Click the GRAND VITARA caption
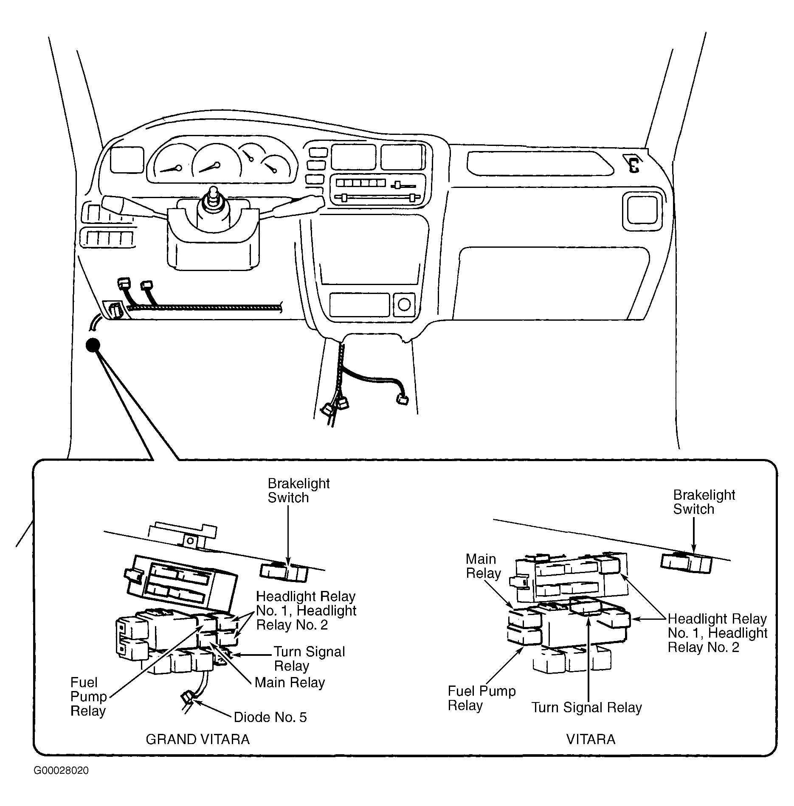coord(197,739)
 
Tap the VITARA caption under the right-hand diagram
coord(591,739)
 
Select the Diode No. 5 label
coord(270,717)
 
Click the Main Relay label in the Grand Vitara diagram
coord(290,683)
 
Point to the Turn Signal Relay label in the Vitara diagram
coord(587,707)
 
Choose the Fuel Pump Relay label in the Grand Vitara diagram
coord(88,697)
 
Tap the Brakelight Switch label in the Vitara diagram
coord(704,502)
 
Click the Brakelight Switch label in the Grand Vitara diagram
coord(298,490)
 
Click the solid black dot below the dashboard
coord(93,345)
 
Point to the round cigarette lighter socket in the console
coord(404,304)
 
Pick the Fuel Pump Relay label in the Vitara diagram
coord(481,698)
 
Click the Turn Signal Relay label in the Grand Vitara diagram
coord(310,659)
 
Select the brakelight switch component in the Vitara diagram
coord(686,563)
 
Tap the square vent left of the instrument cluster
coord(126,160)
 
